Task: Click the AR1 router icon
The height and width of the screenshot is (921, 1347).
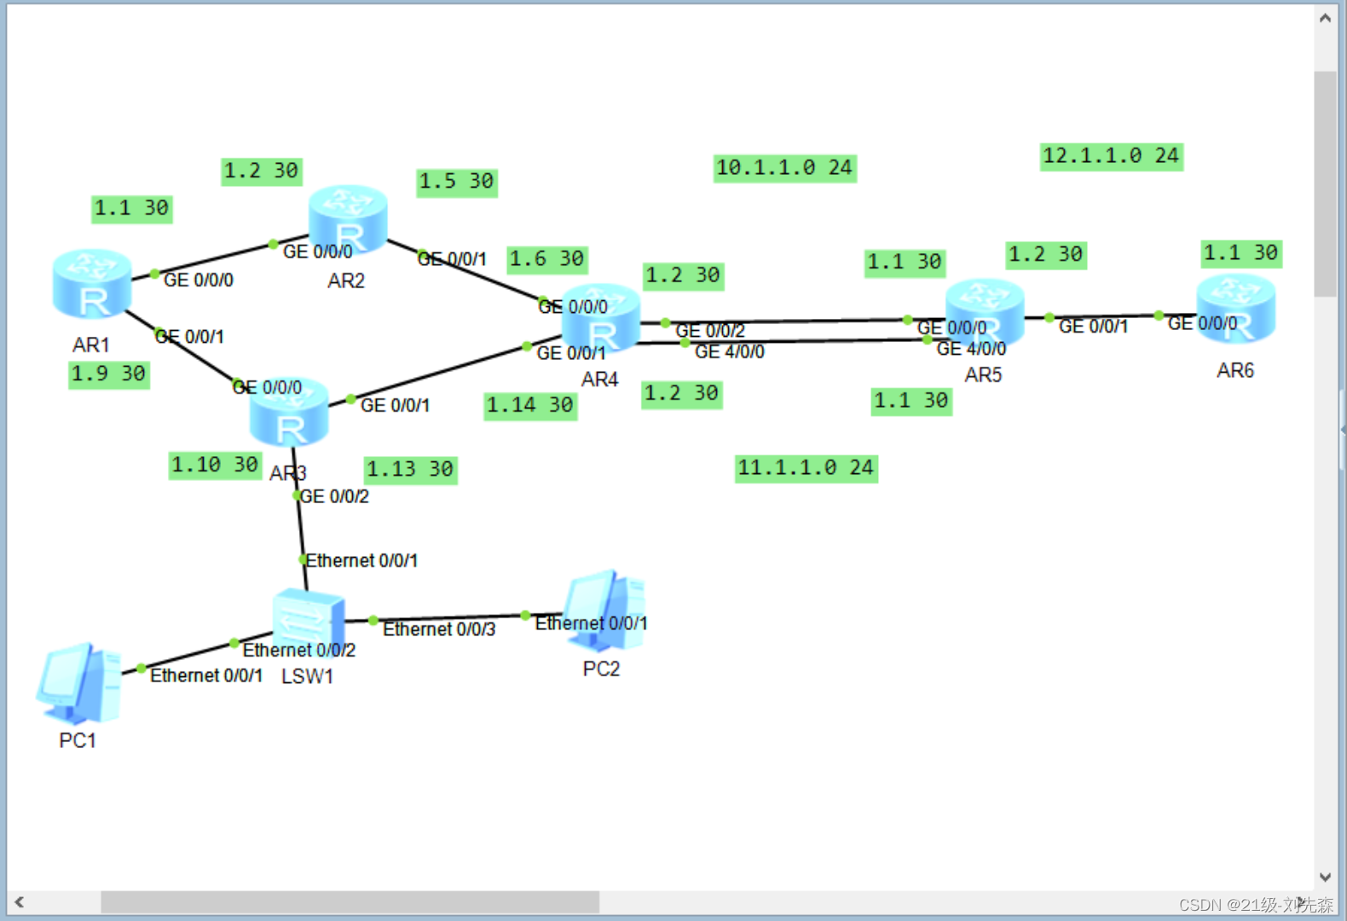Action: [92, 284]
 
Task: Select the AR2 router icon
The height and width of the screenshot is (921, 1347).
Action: [348, 219]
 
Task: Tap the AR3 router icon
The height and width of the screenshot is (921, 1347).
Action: [289, 413]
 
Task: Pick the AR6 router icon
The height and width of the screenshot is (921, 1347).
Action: [1235, 309]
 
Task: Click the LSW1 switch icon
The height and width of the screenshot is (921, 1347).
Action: [308, 617]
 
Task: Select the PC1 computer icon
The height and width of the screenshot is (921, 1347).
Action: [79, 683]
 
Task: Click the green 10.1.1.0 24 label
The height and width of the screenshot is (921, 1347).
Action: [784, 168]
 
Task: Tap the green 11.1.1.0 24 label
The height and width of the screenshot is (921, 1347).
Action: [806, 468]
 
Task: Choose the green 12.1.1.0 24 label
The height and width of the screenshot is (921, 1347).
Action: [1111, 156]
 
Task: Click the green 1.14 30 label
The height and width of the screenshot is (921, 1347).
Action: [529, 405]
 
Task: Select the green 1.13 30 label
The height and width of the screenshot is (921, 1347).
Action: [410, 469]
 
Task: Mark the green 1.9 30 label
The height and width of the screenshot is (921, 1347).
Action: [108, 374]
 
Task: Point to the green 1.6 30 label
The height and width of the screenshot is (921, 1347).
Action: [546, 258]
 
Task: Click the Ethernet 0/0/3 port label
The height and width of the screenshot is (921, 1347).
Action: [439, 629]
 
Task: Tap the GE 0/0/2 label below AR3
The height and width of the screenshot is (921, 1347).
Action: [335, 496]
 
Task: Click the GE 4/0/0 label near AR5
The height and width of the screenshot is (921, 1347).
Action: [971, 349]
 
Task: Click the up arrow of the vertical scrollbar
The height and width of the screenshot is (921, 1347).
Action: [1325, 18]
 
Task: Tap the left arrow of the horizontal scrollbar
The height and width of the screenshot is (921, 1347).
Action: [19, 901]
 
